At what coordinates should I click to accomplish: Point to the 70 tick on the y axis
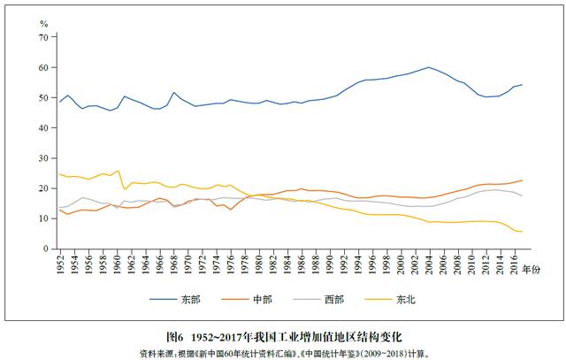coord(44,38)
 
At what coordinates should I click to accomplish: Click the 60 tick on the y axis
coord(44,68)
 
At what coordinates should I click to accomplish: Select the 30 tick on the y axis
coord(44,158)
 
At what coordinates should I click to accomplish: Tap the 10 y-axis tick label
coord(44,218)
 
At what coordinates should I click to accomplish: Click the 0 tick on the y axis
coord(47,249)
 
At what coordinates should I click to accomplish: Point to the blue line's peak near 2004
coord(429,67)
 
